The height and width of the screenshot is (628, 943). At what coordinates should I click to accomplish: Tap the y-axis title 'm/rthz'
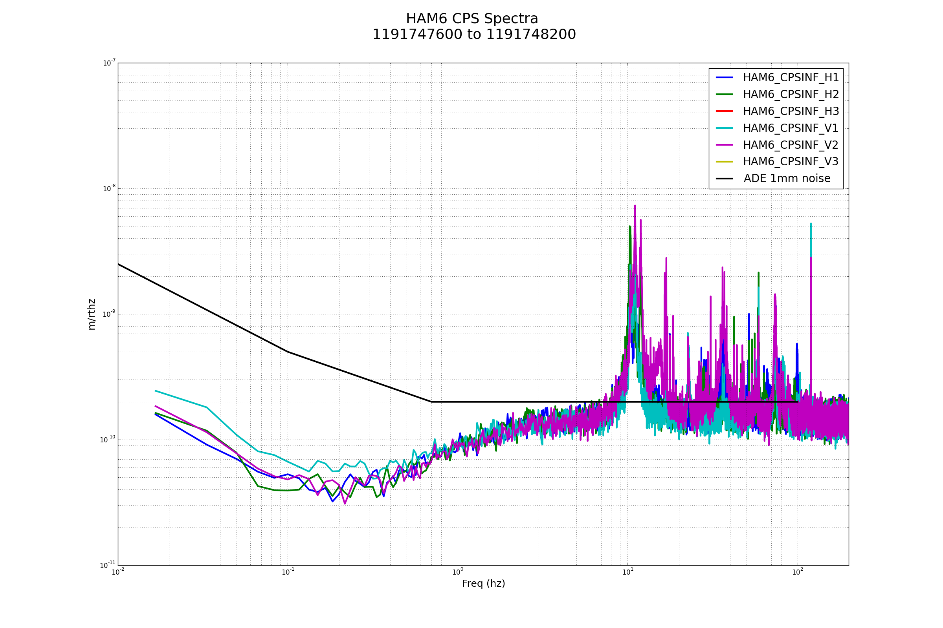tap(92, 314)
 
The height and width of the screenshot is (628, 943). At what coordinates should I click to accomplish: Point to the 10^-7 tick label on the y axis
tap(109, 63)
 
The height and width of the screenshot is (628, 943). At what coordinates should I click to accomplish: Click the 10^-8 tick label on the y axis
tap(109, 188)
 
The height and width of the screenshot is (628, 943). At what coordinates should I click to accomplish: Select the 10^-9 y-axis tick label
tap(109, 314)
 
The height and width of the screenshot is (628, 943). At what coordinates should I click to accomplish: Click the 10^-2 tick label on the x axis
tap(118, 572)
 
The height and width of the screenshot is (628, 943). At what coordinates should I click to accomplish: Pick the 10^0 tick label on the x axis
tap(458, 572)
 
